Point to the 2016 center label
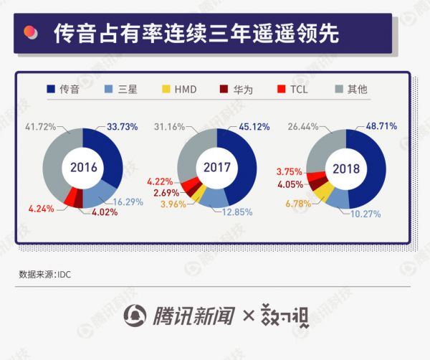83,168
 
